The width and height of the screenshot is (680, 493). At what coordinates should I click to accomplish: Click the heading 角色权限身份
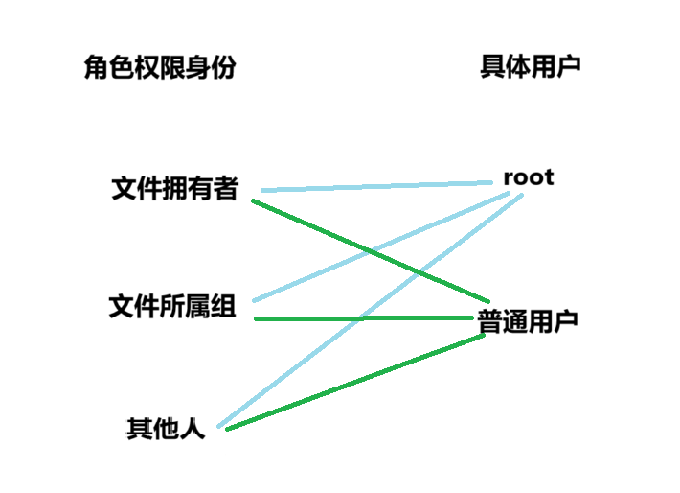pyautogui.click(x=159, y=67)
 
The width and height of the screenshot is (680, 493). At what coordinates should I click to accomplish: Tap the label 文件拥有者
pyautogui.click(x=174, y=189)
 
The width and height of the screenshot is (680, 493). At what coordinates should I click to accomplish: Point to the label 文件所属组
pyautogui.click(x=172, y=308)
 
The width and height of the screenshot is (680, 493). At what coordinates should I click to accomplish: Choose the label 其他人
pyautogui.click(x=166, y=428)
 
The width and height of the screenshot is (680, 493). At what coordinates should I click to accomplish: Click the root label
pyautogui.click(x=529, y=177)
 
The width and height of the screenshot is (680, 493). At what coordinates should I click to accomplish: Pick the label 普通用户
pyautogui.click(x=528, y=321)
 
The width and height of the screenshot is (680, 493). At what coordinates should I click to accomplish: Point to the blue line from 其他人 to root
pyautogui.click(x=287, y=371)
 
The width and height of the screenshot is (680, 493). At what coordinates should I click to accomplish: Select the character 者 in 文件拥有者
pyautogui.click(x=226, y=189)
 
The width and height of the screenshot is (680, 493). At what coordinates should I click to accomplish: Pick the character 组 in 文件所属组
pyautogui.click(x=223, y=308)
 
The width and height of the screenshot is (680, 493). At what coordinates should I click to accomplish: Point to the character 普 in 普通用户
pyautogui.click(x=490, y=321)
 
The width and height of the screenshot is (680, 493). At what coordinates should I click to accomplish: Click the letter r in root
pyautogui.click(x=509, y=178)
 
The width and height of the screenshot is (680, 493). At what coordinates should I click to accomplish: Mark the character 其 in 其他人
pyautogui.click(x=140, y=428)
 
